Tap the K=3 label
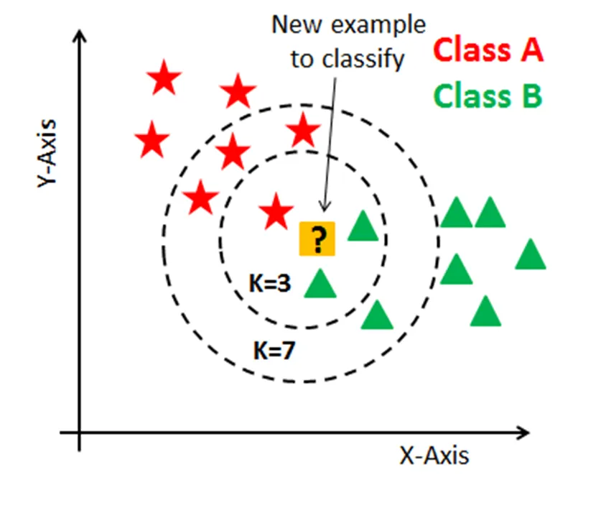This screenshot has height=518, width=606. click(x=271, y=285)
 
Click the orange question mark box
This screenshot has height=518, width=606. click(x=317, y=239)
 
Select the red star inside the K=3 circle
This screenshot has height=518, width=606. click(x=275, y=212)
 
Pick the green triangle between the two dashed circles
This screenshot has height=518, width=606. click(x=377, y=315)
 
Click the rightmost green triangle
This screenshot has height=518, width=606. click(x=531, y=255)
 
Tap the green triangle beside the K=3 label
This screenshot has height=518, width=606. click(x=320, y=283)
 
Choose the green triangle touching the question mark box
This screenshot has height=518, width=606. click(x=363, y=226)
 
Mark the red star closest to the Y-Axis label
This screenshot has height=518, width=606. click(x=151, y=140)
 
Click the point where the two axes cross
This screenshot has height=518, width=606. click(x=80, y=433)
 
